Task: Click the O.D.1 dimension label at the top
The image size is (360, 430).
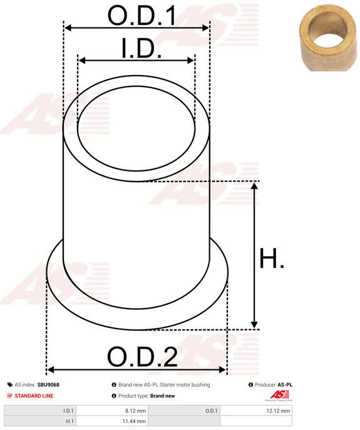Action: (141, 16)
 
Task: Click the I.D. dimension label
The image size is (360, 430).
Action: (141, 48)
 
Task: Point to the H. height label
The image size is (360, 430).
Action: (272, 258)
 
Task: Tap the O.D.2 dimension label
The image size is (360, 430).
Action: (142, 357)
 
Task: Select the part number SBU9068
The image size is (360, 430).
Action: (48, 385)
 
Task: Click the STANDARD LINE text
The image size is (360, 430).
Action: (34, 396)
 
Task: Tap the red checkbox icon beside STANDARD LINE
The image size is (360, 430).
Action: (10, 396)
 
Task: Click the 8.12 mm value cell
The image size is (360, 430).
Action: (112, 411)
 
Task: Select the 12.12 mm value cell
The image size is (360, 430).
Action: (256, 411)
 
